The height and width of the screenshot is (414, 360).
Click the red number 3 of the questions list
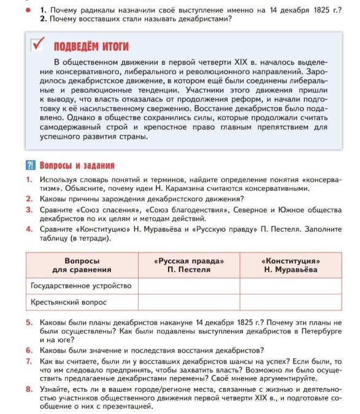pyautogui.click(x=29, y=210)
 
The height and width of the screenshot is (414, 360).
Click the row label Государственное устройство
pyautogui.click(x=81, y=286)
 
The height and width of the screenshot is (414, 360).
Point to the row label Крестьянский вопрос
pyautogui.click(x=69, y=302)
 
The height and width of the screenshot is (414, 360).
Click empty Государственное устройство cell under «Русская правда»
pyautogui.click(x=188, y=286)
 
